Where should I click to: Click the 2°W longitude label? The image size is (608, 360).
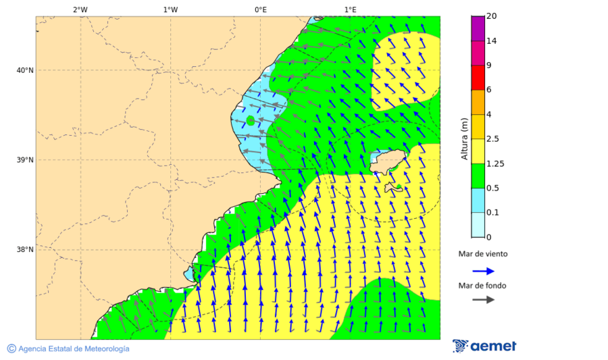pos(80,9)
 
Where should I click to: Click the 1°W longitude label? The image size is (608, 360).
pos(170,9)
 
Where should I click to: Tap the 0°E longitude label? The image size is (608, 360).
pos(260,9)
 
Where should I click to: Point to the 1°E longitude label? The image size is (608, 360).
pos(350,9)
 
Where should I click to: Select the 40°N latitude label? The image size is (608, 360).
pos(24,70)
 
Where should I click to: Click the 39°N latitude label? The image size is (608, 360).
pos(24,160)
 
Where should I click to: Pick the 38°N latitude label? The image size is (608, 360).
pos(24,250)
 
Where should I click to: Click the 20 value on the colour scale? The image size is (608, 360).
pos(492,16)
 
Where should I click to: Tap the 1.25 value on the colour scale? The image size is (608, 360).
pos(495,163)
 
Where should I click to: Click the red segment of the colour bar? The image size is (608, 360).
pos(478,78)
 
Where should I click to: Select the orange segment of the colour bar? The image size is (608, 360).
pos(478,102)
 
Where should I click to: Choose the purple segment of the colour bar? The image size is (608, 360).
pos(478,28)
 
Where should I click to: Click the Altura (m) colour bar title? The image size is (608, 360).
pos(464,138)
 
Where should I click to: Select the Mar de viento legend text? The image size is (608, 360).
pos(483,254)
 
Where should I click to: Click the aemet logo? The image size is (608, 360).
pos(484,346)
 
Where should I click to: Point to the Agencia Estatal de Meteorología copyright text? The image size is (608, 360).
pos(68,349)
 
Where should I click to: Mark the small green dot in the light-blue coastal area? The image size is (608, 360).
pos(251,120)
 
